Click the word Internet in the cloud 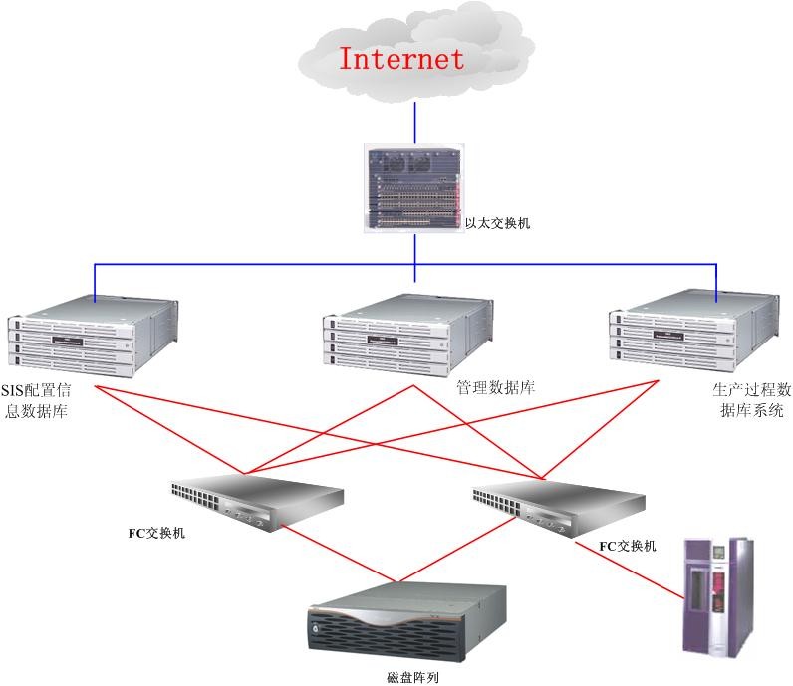point(401,58)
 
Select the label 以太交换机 point(498,223)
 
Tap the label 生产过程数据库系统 point(751,399)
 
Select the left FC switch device point(253,502)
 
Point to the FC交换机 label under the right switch point(628,546)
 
